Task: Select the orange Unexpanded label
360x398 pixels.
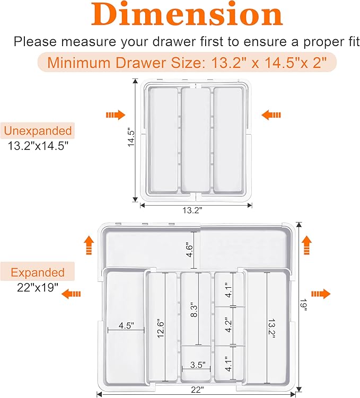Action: click(x=37, y=130)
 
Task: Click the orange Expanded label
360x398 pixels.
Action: click(x=37, y=273)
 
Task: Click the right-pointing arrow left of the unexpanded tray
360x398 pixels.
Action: click(x=115, y=114)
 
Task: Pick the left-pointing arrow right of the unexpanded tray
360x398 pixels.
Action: click(x=271, y=114)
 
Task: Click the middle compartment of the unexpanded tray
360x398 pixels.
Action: click(x=196, y=138)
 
